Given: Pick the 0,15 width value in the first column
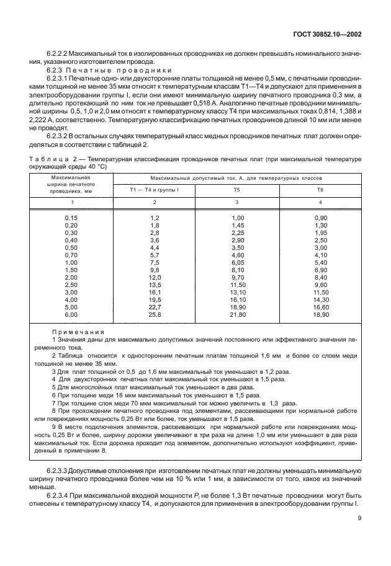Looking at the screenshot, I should coord(71,218).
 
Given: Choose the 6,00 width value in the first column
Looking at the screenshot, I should coord(71,315).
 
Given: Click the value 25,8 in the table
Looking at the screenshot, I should coord(154,315).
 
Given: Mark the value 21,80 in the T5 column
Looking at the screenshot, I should coord(238,315).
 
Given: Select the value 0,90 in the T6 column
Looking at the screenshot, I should coord(320,218).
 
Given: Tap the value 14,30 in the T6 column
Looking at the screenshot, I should coord(320,300).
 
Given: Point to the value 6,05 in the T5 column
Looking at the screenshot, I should coord(238,262).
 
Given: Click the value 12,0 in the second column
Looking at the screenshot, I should coord(154,278).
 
